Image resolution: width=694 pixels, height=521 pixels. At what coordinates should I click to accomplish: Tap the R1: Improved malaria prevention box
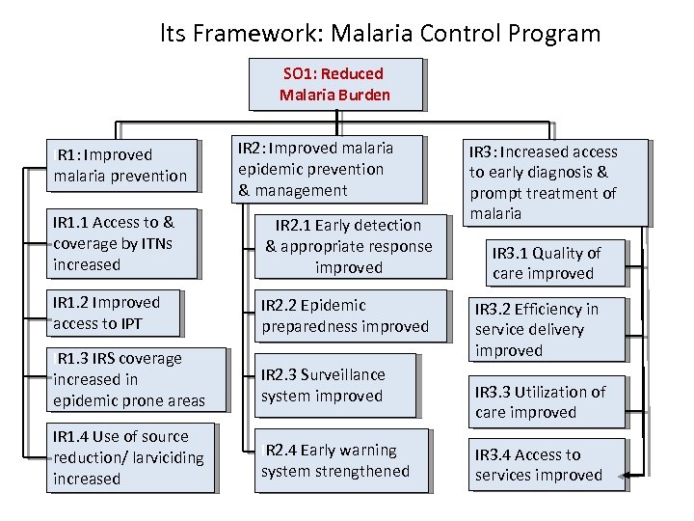122,165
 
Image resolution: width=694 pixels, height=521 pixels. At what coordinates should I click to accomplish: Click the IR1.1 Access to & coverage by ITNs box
124,243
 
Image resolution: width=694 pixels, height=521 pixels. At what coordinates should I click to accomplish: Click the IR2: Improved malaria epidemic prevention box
328,169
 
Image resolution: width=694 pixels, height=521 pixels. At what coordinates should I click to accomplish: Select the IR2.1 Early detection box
349,246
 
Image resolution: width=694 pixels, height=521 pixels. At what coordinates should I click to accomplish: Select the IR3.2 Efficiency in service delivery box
547,329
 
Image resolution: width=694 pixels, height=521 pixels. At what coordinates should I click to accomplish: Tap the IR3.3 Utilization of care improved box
546,402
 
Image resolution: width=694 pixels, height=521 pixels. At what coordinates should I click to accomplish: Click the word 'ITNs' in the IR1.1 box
155,243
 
